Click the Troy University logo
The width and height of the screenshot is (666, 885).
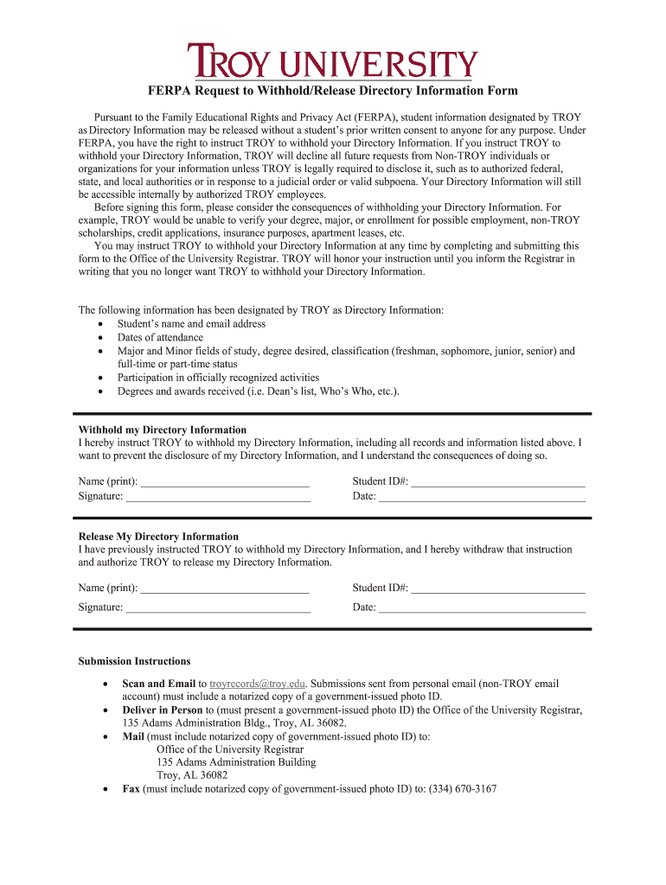tap(333, 61)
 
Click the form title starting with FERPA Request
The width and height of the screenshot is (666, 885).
tap(333, 91)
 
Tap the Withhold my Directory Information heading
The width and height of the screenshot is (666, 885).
tap(163, 430)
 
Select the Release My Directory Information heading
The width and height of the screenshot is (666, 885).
tap(158, 537)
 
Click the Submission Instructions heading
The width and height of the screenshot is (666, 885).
tap(134, 661)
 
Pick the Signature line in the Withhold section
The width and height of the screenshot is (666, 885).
tap(218, 496)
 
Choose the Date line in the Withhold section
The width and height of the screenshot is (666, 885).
tap(483, 496)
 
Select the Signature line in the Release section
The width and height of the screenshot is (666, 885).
tap(218, 607)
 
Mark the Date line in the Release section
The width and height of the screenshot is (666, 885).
tap(483, 607)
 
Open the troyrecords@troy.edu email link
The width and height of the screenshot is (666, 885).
tap(258, 684)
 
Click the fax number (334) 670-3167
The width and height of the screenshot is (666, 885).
tap(463, 789)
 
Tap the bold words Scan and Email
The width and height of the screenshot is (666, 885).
tap(159, 684)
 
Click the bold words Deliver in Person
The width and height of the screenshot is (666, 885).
tap(163, 710)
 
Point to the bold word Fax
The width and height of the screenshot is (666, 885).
tap(131, 789)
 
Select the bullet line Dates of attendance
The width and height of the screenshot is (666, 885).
tap(161, 338)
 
